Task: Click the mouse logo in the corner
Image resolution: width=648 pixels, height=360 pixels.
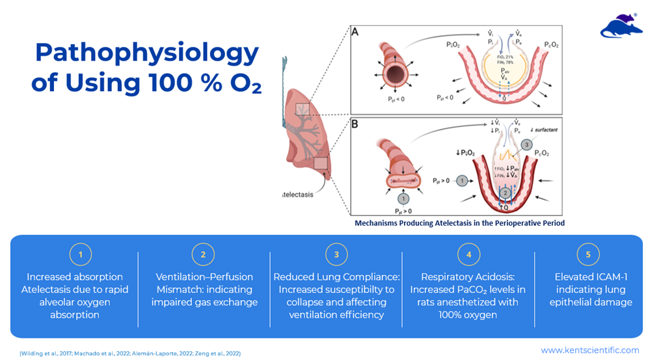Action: [621, 25]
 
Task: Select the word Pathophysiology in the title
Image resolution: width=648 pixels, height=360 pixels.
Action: [146, 53]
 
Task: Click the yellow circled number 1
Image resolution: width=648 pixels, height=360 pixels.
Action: [81, 255]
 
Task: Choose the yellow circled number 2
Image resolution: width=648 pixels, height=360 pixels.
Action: [203, 255]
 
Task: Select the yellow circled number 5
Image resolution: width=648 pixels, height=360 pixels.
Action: [588, 255]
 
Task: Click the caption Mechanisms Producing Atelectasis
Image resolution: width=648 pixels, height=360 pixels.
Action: [459, 223]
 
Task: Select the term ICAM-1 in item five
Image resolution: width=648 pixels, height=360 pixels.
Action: [607, 277]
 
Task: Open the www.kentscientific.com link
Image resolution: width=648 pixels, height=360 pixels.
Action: [589, 350]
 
